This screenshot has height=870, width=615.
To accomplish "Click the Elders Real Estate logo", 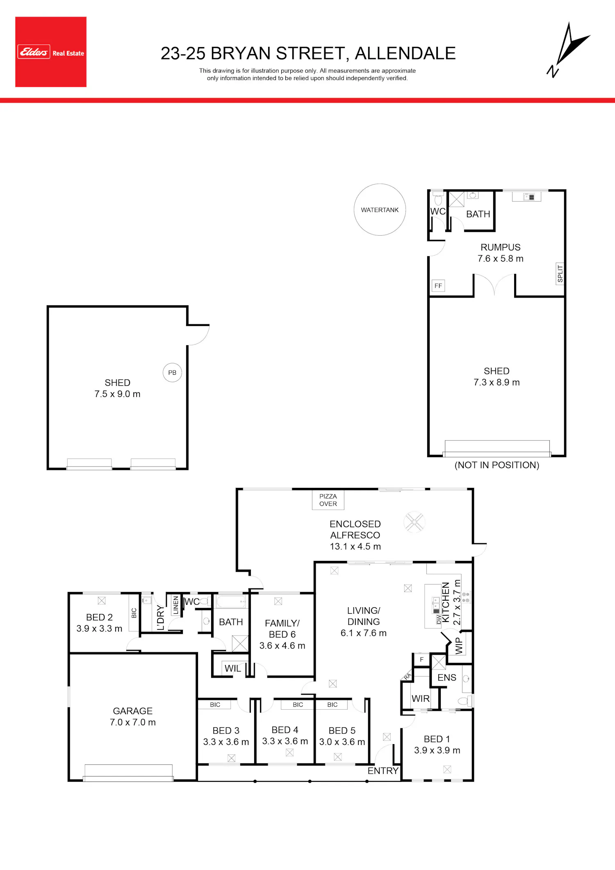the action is coord(51,52).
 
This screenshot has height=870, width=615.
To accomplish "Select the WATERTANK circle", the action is coord(380,210).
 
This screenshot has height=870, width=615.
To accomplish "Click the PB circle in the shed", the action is coord(172,373).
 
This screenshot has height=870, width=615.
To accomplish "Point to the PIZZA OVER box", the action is coord(328,500).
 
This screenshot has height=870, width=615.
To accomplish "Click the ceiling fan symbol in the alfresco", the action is coord(414,522).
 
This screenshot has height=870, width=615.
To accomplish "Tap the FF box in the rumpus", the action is coord(438,286).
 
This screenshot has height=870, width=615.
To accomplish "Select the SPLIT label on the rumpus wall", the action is coord(560,274).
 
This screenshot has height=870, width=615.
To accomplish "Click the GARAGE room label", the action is coord(133,711).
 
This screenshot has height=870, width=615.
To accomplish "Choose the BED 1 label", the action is coord(437,739).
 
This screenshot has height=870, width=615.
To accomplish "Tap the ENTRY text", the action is coord(383,771).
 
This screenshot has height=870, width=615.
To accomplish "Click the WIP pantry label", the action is coord(459,646).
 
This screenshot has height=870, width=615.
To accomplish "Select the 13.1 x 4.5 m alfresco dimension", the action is coord(355,547).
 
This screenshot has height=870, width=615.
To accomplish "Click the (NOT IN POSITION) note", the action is coord(497,465).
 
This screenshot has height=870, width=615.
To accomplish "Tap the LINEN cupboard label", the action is coord(176,605).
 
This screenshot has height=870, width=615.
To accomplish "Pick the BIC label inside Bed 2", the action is coord(134,613).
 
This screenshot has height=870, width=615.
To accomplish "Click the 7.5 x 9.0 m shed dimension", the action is coord(118,394).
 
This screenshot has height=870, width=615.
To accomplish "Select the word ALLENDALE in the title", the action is coord(405,54).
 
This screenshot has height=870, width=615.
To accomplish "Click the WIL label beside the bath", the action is coord(233,669).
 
